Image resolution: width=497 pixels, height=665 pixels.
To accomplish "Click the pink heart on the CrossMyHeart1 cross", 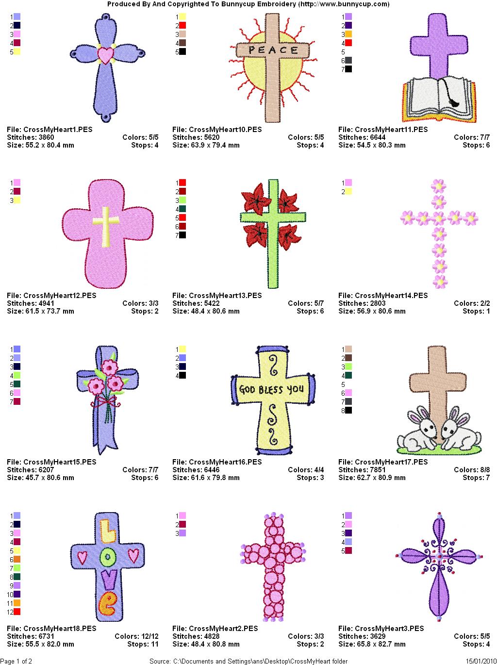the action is [x=105, y=55].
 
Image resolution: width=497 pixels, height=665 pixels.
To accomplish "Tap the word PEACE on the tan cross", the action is [x=273, y=50].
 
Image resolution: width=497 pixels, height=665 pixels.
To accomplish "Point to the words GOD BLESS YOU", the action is [x=271, y=389].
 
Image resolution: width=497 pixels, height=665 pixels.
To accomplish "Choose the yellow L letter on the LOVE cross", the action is [x=108, y=531].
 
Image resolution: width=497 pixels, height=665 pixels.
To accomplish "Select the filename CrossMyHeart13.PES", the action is [x=217, y=296].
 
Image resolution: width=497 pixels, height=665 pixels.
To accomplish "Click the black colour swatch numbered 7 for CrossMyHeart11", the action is [x=348, y=69].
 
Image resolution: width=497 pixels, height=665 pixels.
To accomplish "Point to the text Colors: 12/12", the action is [x=136, y=636].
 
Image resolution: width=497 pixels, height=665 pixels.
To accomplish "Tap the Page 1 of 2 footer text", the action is [x=16, y=661].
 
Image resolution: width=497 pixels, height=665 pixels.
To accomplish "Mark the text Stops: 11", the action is [x=143, y=644].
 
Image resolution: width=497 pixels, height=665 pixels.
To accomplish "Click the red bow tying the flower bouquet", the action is [x=106, y=402].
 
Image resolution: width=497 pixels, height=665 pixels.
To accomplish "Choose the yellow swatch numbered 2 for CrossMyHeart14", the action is [x=348, y=191].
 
